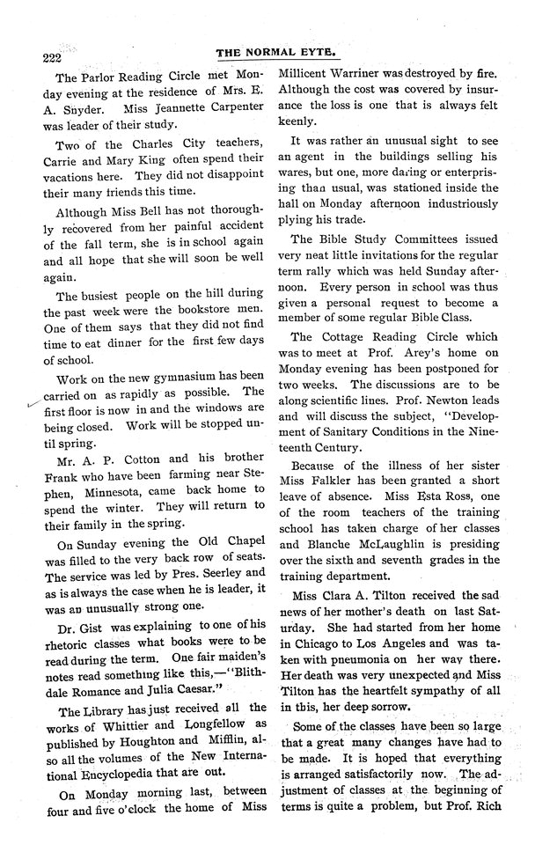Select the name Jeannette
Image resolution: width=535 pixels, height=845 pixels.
click(x=168, y=112)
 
